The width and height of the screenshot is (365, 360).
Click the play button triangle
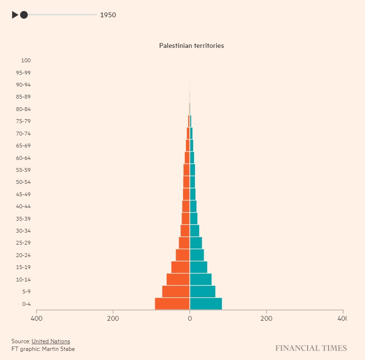(15, 15)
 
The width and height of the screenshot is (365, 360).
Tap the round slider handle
(24, 15)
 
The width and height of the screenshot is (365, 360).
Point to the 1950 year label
(108, 15)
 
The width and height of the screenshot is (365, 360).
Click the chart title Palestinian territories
(192, 46)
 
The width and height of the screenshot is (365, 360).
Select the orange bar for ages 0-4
(172, 304)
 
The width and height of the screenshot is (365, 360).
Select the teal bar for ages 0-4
(206, 304)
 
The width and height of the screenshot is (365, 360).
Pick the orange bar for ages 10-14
(178, 279)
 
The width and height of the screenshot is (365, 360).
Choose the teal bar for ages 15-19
(199, 267)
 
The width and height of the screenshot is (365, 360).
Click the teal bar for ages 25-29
(196, 243)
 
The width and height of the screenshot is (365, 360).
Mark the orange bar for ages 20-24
(182, 255)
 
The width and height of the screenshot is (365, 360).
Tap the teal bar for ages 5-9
(203, 292)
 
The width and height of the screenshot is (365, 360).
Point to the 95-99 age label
(23, 73)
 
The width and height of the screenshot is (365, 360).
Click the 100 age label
(26, 60)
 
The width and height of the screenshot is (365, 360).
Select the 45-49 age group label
(23, 194)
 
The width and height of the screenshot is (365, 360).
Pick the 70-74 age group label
(23, 134)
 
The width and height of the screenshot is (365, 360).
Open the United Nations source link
(51, 341)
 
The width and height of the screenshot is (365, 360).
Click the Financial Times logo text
(311, 348)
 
